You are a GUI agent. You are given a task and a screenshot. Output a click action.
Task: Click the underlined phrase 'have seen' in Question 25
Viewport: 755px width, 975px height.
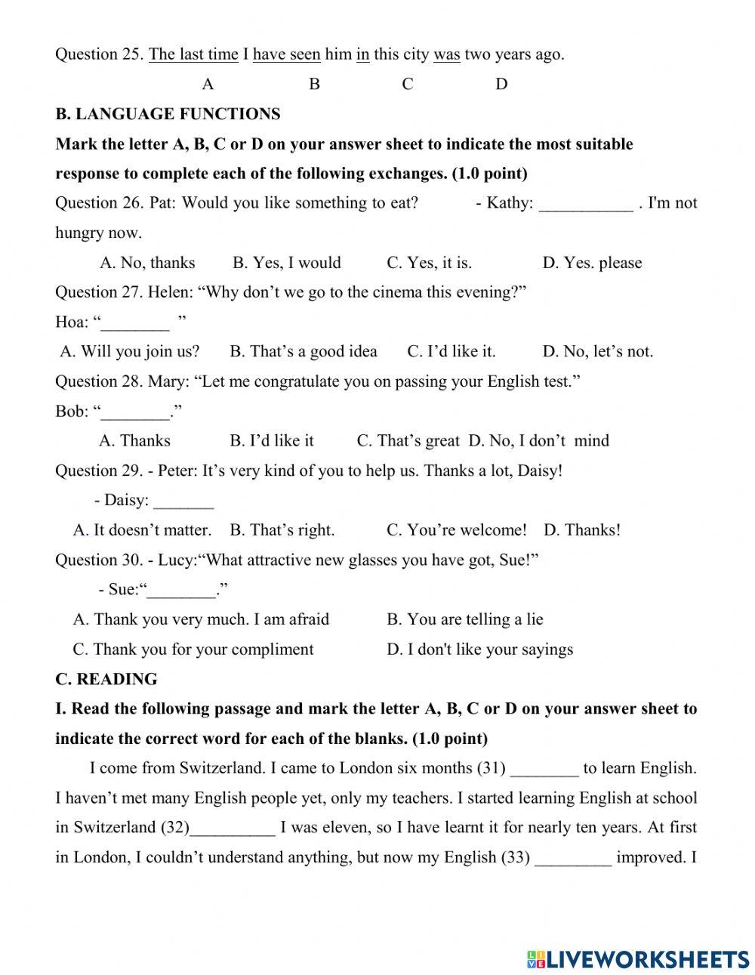[286, 54]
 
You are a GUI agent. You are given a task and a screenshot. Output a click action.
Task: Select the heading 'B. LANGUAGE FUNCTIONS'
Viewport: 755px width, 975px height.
[168, 114]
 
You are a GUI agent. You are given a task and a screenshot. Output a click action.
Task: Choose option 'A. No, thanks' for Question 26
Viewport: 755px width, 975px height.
[147, 263]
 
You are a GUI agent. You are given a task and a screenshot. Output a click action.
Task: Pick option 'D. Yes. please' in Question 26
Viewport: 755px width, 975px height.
[592, 263]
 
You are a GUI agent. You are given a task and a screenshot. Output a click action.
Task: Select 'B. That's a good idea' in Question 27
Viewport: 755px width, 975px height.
[303, 351]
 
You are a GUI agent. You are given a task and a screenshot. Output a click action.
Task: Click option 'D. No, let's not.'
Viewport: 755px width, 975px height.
[597, 351]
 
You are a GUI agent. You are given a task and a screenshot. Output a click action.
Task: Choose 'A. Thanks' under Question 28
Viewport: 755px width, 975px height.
[134, 441]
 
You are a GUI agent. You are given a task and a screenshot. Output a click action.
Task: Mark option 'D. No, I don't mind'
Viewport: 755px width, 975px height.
[538, 441]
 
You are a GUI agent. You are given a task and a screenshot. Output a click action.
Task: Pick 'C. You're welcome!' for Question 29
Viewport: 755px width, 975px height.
[456, 530]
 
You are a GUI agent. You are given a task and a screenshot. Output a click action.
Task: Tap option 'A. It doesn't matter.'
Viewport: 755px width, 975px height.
[142, 530]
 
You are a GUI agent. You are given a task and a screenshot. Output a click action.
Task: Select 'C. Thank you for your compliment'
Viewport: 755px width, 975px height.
[193, 649]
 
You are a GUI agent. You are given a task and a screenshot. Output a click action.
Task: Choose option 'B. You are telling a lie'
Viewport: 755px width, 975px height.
[464, 619]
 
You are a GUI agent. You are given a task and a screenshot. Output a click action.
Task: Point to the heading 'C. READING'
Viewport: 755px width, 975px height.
[106, 679]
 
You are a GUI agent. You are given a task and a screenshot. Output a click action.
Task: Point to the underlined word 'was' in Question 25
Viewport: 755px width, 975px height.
[446, 54]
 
